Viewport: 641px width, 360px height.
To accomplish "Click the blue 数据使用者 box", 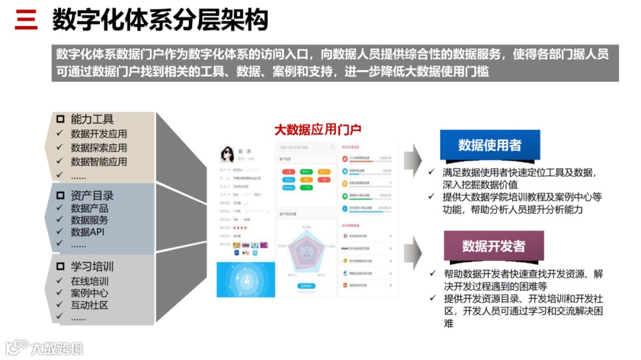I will [490, 145].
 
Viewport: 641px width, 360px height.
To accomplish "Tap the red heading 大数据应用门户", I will [318, 129].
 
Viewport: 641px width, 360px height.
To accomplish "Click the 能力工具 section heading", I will [92, 119].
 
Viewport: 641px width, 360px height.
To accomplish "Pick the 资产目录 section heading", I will [92, 196].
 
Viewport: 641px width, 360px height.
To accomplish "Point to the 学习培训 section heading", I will [92, 266].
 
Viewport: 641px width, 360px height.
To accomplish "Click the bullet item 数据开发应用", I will [99, 134].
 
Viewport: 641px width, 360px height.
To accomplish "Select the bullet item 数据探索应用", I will [99, 148].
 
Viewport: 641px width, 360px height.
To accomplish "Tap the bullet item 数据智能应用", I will [99, 161].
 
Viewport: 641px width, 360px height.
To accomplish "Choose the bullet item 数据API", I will [87, 232].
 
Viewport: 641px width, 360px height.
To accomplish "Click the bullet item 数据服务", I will [90, 220].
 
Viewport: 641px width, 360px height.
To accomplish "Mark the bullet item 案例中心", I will [90, 293].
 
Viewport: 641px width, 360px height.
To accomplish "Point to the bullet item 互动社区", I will [90, 305].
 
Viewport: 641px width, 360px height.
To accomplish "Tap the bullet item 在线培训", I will [90, 281].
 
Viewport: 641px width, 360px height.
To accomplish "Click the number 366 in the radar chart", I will [306, 251].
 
